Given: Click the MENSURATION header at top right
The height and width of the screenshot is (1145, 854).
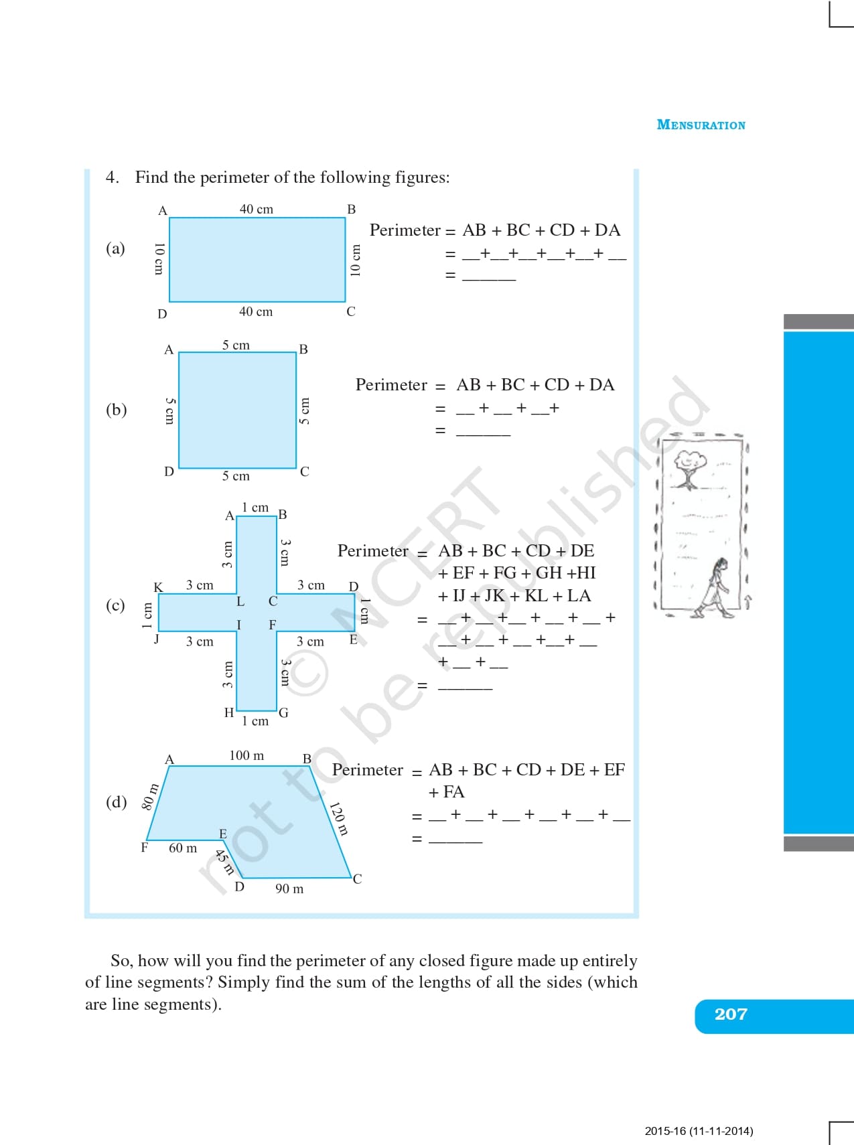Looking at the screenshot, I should (x=701, y=125).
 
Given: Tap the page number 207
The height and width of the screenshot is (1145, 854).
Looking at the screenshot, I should (x=730, y=1014).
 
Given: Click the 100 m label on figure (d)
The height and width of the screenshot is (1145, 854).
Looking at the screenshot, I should (x=246, y=755).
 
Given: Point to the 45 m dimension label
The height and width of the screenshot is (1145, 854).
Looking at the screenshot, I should (x=224, y=861).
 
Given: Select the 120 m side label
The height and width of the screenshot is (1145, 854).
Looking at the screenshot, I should (x=340, y=818).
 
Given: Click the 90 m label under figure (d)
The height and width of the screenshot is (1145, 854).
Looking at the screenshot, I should (x=289, y=889).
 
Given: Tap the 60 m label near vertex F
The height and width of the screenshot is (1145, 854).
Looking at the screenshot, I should (x=183, y=848).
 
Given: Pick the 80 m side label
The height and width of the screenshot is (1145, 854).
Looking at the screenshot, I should (x=150, y=796).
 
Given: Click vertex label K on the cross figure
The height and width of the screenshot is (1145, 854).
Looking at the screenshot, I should (x=158, y=587).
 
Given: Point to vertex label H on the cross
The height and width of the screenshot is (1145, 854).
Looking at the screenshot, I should (x=229, y=712).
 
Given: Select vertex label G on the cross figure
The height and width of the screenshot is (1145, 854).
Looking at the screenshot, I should (x=283, y=712).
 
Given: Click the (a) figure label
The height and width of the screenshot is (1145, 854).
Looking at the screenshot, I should (x=115, y=248).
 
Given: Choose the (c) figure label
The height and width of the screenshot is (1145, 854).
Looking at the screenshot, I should (x=115, y=605).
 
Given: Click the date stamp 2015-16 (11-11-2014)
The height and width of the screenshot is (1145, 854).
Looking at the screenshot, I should (x=699, y=1131).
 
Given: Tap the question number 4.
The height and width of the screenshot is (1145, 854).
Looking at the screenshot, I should (x=112, y=177).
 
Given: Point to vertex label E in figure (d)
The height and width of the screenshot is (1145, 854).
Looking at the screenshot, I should (x=223, y=834).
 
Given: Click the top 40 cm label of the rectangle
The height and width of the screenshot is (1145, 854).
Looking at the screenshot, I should (x=257, y=209).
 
